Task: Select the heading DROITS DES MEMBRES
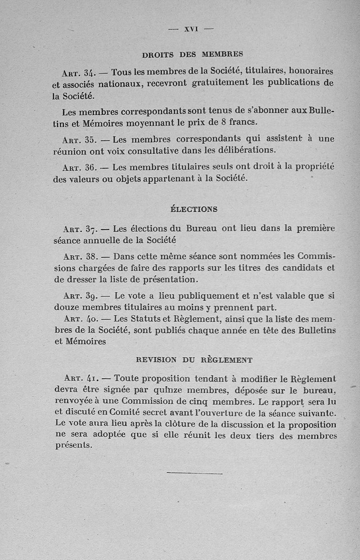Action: (192, 54)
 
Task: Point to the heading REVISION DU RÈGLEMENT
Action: (194, 360)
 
